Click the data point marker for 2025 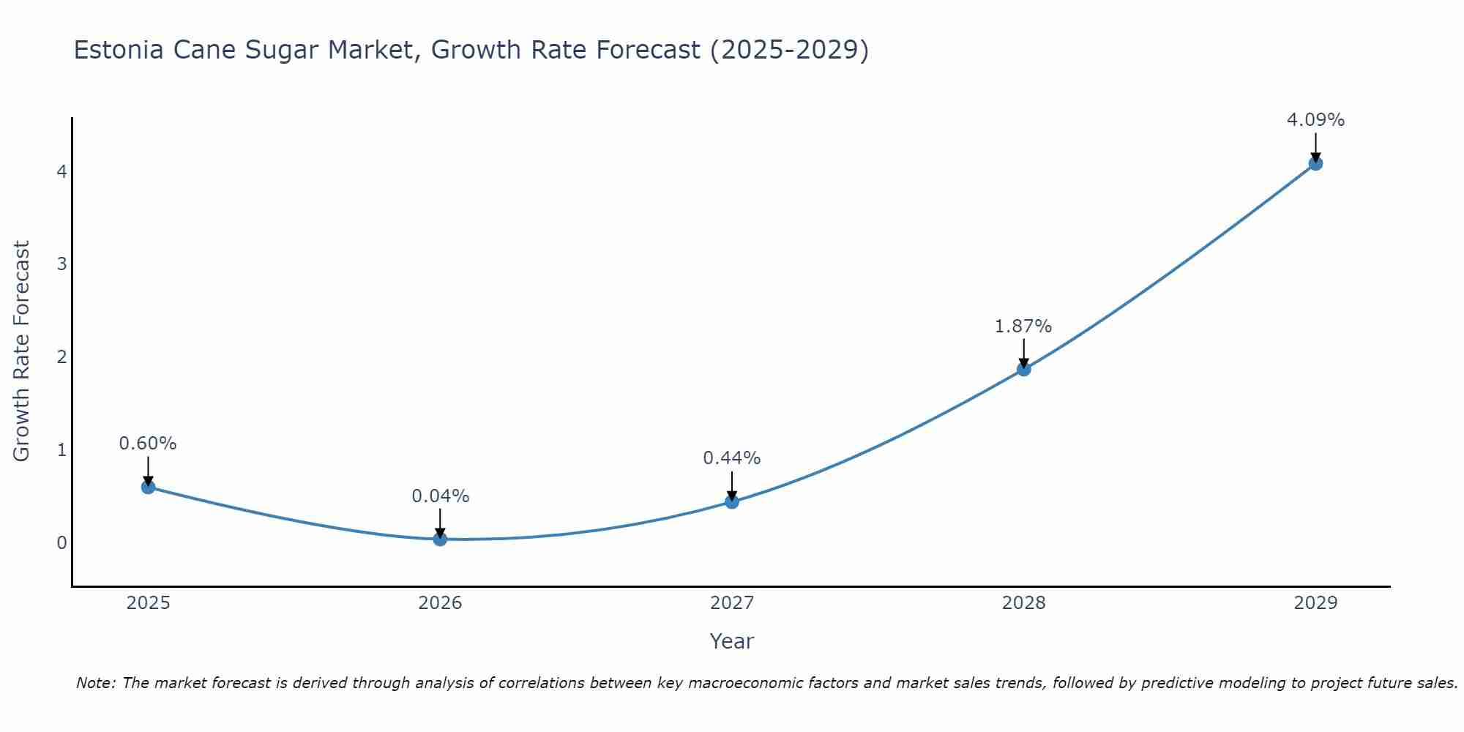(148, 487)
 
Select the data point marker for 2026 (440, 539)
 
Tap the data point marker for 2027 (732, 501)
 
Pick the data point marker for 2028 (1023, 369)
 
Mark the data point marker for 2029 (1315, 163)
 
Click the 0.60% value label (148, 444)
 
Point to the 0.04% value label (440, 496)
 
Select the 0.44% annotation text (732, 458)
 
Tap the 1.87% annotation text (1023, 326)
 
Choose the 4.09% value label (1315, 120)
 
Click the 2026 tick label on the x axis (440, 603)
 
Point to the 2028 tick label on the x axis (1023, 603)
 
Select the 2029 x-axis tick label (1315, 603)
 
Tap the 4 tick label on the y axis (61, 171)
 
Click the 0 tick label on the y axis (61, 542)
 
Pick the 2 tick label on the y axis (61, 357)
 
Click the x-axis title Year (731, 641)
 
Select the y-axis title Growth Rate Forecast (21, 351)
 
